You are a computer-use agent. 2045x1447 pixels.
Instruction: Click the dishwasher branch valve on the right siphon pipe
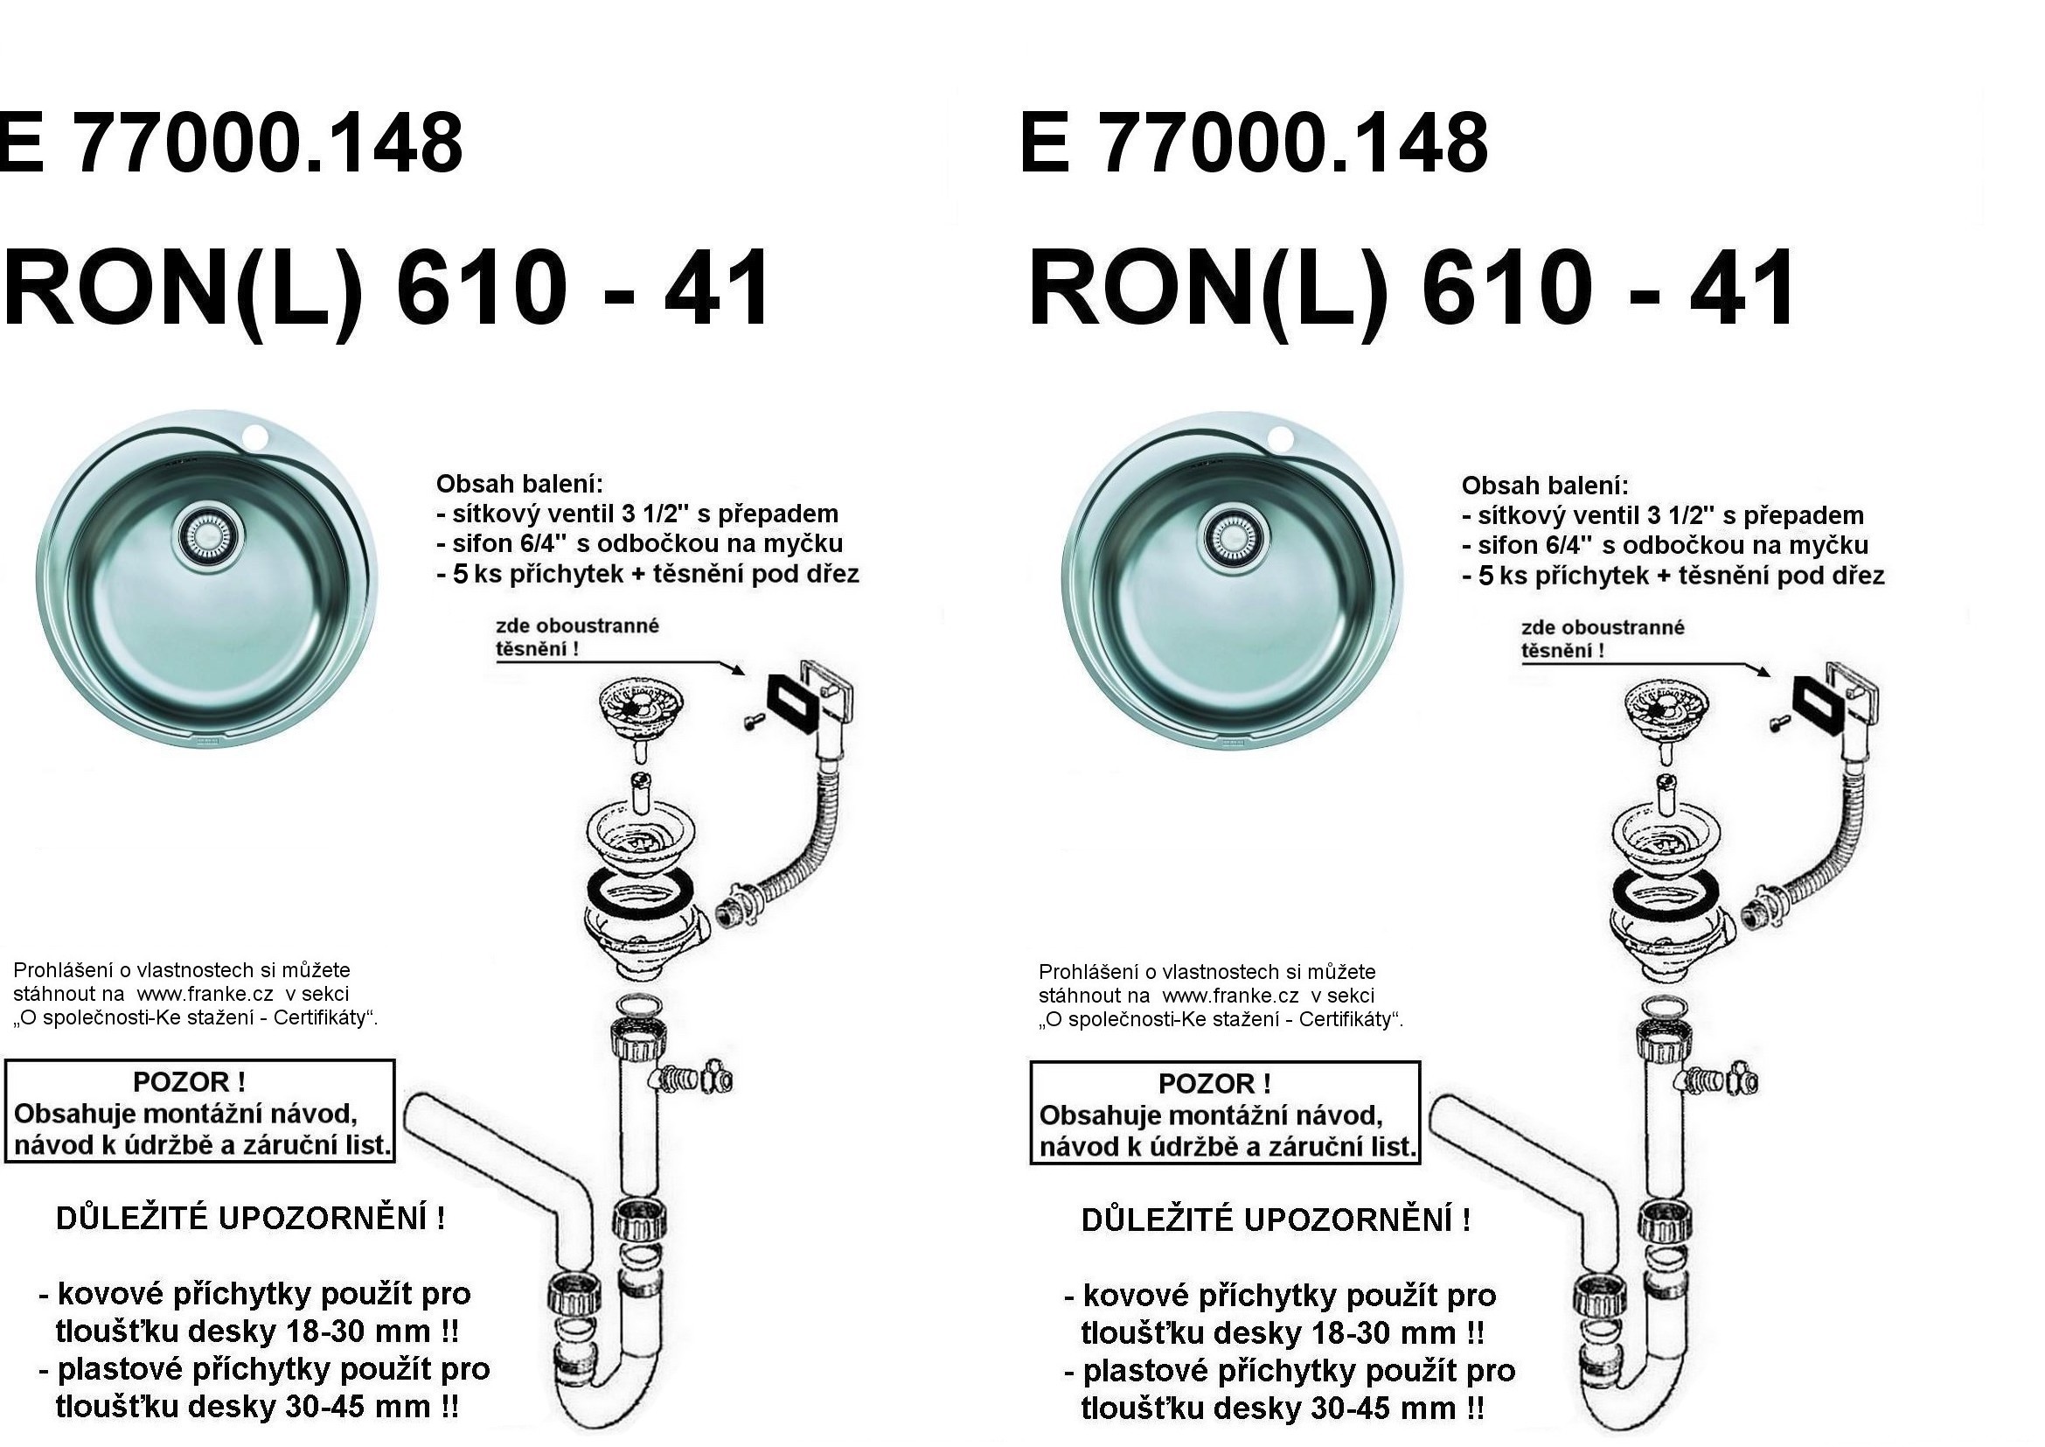(1724, 1080)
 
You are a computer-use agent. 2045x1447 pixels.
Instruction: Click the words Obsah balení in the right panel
(1544, 486)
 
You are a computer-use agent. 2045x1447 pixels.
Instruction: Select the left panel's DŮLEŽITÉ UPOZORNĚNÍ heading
(250, 1218)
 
